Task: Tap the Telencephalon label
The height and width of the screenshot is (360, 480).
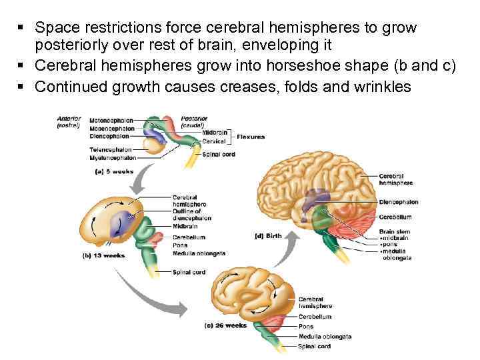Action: pyautogui.click(x=110, y=150)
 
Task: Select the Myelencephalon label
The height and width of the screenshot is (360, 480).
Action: pyautogui.click(x=113, y=158)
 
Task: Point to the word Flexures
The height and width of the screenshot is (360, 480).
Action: pyautogui.click(x=251, y=137)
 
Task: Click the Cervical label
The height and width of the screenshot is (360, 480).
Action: pyautogui.click(x=214, y=141)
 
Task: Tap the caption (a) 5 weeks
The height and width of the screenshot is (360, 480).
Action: pyautogui.click(x=111, y=171)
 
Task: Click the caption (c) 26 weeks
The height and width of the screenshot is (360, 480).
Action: pyautogui.click(x=225, y=326)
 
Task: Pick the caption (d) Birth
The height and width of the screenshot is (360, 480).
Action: pyautogui.click(x=269, y=235)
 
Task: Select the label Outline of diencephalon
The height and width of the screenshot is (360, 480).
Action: pyautogui.click(x=192, y=215)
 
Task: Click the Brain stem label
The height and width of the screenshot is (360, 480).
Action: pyautogui.click(x=392, y=231)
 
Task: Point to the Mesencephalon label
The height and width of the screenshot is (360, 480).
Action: pyautogui.click(x=111, y=128)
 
